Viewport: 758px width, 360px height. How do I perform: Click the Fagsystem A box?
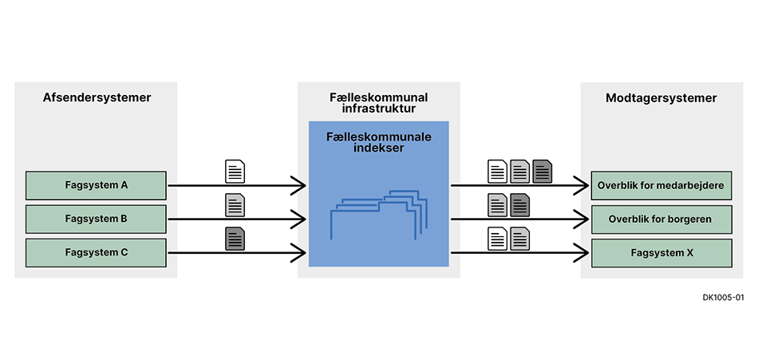(96, 185)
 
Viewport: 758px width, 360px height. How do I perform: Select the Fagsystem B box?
(96, 219)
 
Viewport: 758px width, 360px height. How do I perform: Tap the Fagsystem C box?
(96, 252)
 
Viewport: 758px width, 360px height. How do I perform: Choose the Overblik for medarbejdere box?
(661, 185)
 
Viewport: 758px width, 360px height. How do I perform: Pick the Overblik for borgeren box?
(661, 219)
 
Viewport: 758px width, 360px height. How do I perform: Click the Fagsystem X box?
(661, 252)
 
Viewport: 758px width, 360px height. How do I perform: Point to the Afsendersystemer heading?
(97, 98)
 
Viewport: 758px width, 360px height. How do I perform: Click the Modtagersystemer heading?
(661, 98)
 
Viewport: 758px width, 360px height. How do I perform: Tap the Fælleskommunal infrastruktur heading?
(378, 102)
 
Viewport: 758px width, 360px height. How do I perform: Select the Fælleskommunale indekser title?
(378, 142)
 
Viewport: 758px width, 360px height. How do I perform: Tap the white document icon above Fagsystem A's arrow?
(235, 171)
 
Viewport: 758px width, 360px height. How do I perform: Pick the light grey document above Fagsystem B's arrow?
(235, 204)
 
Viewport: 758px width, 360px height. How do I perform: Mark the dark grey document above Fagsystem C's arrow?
(235, 238)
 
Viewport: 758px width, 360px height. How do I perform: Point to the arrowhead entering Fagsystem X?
(583, 253)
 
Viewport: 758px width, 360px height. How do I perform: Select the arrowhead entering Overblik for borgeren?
(583, 220)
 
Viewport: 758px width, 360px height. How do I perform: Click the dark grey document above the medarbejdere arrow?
(543, 171)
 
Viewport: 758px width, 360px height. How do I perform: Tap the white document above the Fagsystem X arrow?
(498, 238)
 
